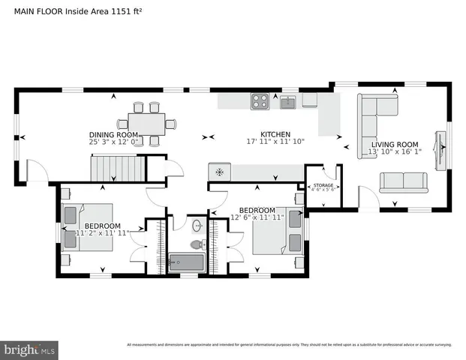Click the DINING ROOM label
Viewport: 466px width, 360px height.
pos(114,135)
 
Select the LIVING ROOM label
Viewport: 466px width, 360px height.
pos(395,145)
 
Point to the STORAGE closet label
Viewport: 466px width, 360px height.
pos(323,184)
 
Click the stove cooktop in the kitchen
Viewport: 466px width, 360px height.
pos(260,101)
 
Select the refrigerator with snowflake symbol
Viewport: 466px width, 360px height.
pos(219,172)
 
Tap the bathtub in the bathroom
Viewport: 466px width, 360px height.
pos(186,261)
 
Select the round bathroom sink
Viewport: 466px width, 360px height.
pos(198,225)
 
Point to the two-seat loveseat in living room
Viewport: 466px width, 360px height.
pos(404,181)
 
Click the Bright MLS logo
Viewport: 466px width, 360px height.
pos(30,349)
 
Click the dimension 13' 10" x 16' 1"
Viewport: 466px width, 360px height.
pos(395,153)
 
